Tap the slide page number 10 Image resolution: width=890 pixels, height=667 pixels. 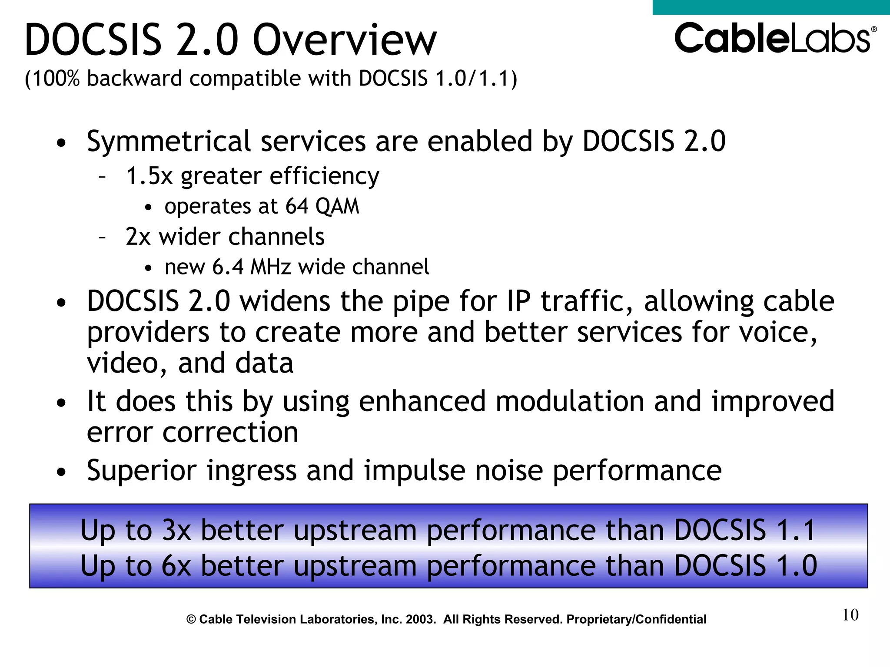tap(850, 615)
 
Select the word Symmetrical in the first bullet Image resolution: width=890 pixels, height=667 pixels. tap(169, 141)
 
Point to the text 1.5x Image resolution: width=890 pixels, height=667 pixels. tap(149, 176)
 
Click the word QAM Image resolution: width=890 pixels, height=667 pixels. tap(337, 206)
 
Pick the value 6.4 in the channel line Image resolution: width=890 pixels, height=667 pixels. tap(228, 267)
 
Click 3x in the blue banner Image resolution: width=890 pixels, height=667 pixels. tap(176, 530)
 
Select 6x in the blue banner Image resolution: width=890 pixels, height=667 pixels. tap(176, 566)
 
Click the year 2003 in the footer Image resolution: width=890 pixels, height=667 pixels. tap(420, 619)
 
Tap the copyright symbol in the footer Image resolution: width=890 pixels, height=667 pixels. tap(191, 620)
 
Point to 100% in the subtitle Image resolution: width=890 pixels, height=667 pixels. tap(56, 79)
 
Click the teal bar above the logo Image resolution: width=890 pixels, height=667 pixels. tap(771, 7)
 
